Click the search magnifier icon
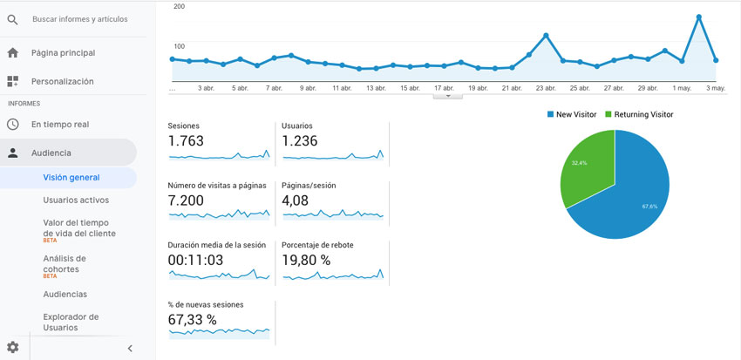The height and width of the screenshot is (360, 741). click(12, 19)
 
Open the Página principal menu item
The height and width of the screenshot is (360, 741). click(63, 53)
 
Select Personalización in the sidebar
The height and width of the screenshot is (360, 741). click(62, 81)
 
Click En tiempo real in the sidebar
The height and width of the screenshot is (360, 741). click(59, 125)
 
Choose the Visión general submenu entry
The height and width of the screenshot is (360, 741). click(71, 178)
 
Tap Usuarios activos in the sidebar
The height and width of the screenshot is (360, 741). click(76, 200)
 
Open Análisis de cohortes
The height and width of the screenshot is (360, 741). click(65, 263)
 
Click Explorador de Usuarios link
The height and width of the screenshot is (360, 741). click(71, 322)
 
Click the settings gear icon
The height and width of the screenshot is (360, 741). click(12, 348)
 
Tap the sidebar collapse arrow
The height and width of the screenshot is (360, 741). click(130, 349)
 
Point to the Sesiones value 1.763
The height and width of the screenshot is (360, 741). click(186, 141)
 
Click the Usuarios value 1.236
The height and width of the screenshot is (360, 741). click(300, 141)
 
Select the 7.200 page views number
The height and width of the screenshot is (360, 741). click(186, 200)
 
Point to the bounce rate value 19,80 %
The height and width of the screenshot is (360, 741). click(306, 260)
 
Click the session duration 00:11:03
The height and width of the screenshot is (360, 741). click(196, 260)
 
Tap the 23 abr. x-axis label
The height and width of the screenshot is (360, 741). click(546, 88)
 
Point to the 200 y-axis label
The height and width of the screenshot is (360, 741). click(179, 6)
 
